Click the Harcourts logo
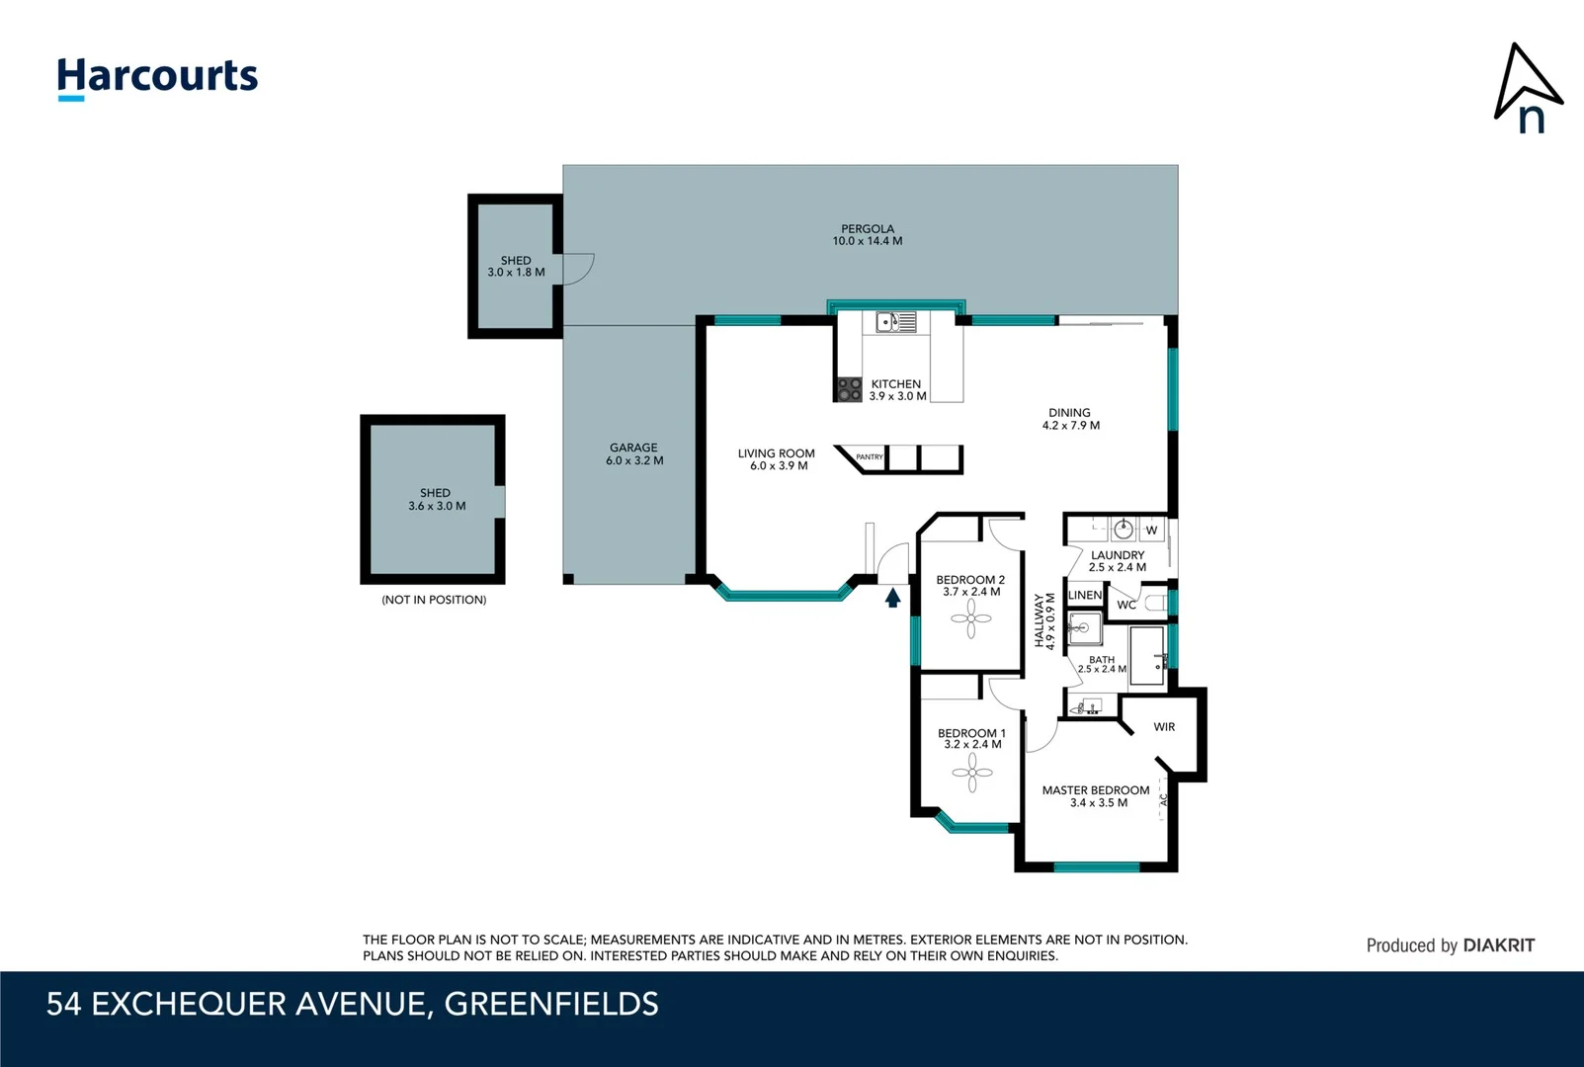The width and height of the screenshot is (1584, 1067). (157, 77)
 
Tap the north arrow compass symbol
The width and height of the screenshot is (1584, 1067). (1526, 89)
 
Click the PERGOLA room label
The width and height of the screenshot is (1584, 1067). (867, 229)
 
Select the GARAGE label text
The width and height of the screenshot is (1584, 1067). (633, 448)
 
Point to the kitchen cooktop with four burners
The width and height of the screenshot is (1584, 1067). (849, 389)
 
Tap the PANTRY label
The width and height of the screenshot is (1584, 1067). (870, 457)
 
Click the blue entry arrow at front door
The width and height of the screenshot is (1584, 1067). (892, 598)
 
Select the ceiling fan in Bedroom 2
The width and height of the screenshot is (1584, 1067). (971, 620)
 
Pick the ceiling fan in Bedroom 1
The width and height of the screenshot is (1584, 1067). (972, 773)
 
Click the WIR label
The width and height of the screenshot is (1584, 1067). (1164, 727)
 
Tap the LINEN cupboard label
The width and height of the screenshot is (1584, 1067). (1084, 595)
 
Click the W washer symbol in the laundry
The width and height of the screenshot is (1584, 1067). (1151, 531)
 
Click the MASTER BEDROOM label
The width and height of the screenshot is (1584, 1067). (1095, 790)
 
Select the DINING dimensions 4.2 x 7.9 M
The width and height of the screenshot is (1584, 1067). (1070, 426)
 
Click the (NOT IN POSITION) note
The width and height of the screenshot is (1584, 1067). (434, 600)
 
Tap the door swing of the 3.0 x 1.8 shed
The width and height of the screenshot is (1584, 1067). (579, 269)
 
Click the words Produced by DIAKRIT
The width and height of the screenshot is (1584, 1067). (1450, 945)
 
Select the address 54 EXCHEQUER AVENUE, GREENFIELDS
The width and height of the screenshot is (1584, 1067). (352, 1004)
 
